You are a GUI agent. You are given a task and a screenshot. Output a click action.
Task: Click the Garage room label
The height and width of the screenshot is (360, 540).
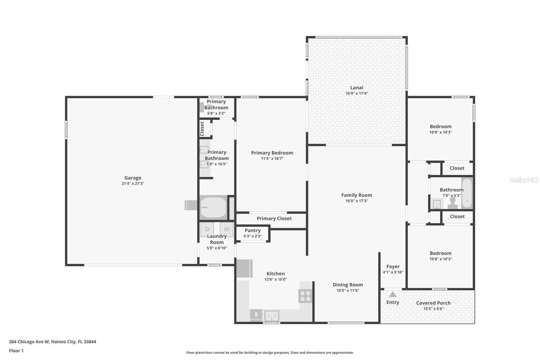click(x=133, y=178)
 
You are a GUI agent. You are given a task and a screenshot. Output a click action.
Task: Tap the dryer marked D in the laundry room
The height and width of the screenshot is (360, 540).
click(x=207, y=229)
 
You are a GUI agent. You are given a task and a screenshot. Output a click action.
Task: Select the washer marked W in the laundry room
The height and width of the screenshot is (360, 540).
click(x=226, y=229)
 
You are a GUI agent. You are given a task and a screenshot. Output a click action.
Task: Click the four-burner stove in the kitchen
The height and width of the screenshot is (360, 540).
click(x=305, y=296)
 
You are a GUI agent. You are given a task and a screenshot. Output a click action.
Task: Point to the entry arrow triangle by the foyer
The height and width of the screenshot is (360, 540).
click(x=393, y=294)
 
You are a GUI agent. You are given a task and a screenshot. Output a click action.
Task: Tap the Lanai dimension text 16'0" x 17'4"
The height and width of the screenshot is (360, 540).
click(x=356, y=94)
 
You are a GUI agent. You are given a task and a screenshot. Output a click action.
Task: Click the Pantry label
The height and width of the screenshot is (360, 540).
click(x=252, y=230)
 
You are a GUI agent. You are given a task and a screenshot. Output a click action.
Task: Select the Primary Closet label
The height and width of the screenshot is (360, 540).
click(x=274, y=218)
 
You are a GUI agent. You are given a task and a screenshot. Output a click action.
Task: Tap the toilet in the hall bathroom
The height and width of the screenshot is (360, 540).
click(x=453, y=203)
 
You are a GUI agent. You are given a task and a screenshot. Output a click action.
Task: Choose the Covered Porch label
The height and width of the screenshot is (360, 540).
click(x=433, y=303)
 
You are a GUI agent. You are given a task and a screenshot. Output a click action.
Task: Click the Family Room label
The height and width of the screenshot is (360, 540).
click(x=356, y=195)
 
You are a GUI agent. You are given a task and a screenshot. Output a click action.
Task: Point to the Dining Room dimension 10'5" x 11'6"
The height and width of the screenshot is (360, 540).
click(x=348, y=290)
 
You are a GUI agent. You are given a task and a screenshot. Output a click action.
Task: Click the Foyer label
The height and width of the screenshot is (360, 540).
click(x=393, y=266)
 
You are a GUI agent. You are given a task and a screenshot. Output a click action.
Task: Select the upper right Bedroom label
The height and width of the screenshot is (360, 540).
click(x=440, y=126)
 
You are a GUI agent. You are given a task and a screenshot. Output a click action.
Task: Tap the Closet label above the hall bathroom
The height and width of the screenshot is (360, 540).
click(x=457, y=168)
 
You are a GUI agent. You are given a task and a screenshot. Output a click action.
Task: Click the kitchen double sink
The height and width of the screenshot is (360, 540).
click(x=271, y=316)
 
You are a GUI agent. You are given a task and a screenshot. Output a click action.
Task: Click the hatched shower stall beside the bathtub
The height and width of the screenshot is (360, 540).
click(x=232, y=208)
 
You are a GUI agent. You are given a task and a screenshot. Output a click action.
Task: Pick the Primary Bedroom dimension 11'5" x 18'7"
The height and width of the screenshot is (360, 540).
click(x=272, y=159)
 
